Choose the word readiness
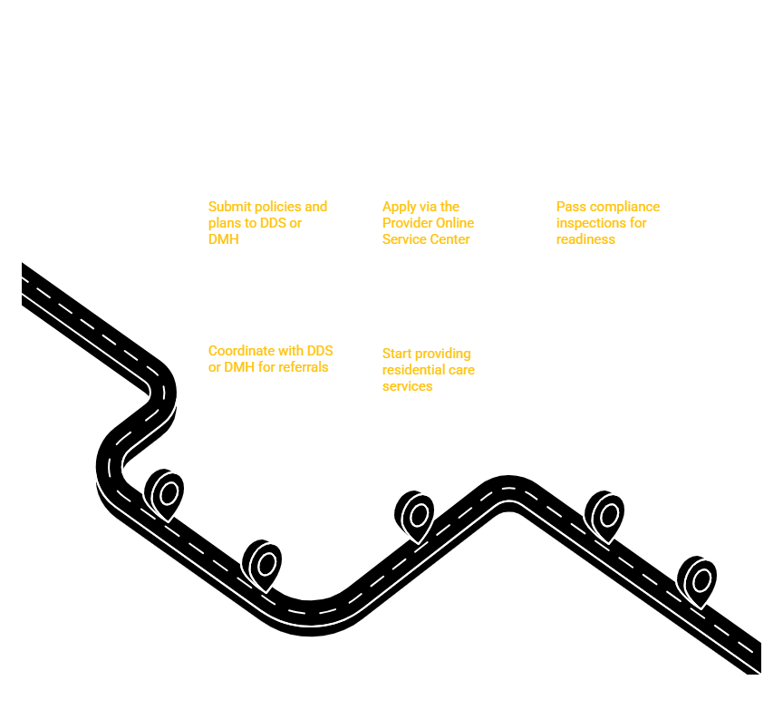585,239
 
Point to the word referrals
304,367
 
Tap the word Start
397,354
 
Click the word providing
442,355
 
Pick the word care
461,371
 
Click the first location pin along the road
164,493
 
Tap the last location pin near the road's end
697,581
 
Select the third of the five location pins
414,515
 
